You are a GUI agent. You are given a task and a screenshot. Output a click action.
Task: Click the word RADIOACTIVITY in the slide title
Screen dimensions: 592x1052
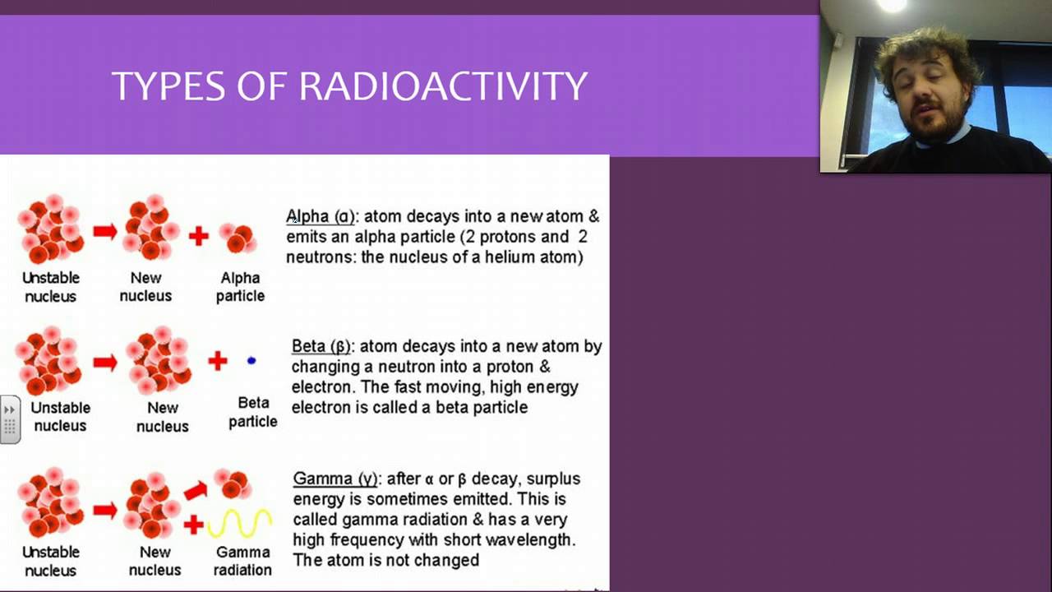[x=443, y=86]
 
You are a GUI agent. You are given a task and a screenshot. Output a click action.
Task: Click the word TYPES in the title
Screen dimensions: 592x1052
[x=168, y=86]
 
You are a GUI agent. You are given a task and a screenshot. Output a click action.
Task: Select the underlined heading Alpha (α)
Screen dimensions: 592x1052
[x=321, y=217]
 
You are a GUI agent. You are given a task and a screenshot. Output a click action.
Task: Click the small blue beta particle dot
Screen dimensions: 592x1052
[x=251, y=360]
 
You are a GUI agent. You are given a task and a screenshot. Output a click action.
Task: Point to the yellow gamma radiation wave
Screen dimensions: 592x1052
[x=239, y=523]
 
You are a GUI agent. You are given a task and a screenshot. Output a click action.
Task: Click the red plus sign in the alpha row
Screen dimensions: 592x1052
[x=198, y=236]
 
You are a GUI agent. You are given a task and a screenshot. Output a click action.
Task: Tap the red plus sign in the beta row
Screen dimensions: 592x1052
[x=217, y=360]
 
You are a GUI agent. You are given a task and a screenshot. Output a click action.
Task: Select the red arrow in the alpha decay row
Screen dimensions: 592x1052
[x=104, y=232]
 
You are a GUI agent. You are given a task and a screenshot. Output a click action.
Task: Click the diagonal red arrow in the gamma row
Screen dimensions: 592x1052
[x=196, y=491]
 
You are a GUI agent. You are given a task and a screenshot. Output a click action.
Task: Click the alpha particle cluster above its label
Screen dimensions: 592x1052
[x=238, y=237]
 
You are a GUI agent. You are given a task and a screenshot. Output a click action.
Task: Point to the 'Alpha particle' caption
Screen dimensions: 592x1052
[x=240, y=287]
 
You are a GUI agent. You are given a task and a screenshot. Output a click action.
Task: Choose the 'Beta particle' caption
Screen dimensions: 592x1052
[x=253, y=412]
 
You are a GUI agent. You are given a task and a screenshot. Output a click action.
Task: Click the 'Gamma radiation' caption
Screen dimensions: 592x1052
[x=243, y=561]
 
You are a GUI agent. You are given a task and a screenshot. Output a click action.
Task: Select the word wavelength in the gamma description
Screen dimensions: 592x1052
[x=531, y=540]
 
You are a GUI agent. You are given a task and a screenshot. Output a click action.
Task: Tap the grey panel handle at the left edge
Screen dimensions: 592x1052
[x=10, y=419]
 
